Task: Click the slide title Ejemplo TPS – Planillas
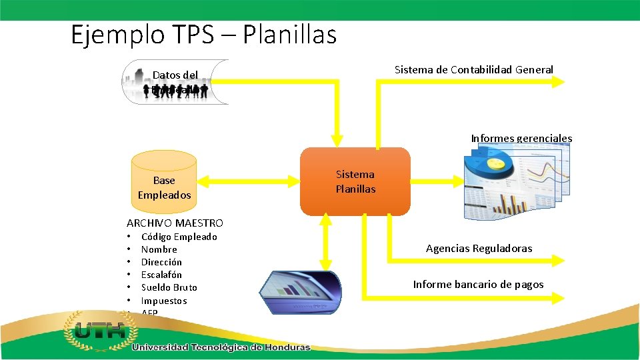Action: point(203,35)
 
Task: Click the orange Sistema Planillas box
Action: point(355,181)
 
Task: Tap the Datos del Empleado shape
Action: point(175,82)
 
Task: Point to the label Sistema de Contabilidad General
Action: point(473,69)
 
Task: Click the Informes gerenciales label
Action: point(521,139)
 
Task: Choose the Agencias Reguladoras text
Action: point(479,249)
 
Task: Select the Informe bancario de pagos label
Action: point(478,285)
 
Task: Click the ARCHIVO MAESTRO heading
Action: point(175,223)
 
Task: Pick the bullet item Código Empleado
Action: point(179,237)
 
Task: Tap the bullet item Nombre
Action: point(159,249)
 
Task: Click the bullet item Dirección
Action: point(161,262)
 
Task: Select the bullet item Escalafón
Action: point(161,275)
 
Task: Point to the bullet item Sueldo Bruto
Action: point(169,287)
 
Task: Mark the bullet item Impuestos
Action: point(164,301)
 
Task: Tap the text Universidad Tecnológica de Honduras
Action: point(221,347)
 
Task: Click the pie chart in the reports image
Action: point(490,164)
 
